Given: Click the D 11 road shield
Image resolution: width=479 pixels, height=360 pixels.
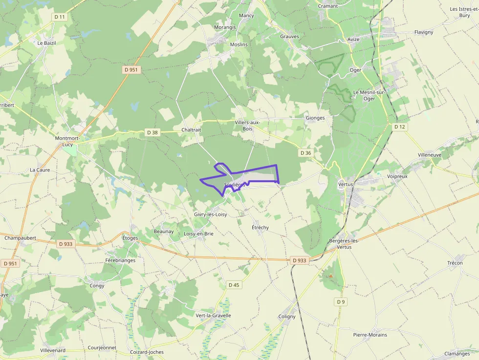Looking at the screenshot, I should [x=60, y=17].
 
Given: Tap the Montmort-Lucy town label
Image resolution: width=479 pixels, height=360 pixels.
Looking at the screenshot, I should [x=67, y=142].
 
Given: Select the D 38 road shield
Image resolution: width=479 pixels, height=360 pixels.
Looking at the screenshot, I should [x=152, y=132].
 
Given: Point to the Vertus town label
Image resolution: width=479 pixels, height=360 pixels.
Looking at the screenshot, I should [x=345, y=184].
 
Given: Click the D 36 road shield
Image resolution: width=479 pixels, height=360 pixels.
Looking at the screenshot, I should [x=305, y=153].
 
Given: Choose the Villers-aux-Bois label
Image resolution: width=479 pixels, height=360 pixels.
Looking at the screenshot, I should [x=248, y=126].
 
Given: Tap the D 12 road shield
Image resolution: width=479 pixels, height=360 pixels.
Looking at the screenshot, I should [x=400, y=127].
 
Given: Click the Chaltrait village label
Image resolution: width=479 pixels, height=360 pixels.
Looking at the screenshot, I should [x=191, y=130].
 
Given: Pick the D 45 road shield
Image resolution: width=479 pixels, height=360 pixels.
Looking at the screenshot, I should [x=234, y=285].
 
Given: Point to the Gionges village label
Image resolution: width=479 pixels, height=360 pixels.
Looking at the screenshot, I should [x=315, y=118].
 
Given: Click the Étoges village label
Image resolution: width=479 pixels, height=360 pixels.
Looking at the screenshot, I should [x=130, y=238].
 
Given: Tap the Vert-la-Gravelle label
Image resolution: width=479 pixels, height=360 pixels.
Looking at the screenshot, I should [x=213, y=316].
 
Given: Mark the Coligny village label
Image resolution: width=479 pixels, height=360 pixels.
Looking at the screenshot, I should [x=287, y=316].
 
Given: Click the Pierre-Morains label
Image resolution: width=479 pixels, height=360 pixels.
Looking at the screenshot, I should [x=370, y=335].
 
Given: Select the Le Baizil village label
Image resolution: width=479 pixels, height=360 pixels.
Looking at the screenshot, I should [x=47, y=43].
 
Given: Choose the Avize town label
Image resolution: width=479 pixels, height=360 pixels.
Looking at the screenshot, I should [x=353, y=40].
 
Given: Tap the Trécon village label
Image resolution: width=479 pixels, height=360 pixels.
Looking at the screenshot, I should [x=455, y=263].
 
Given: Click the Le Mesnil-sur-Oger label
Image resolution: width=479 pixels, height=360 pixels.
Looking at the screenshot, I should [x=370, y=95].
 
